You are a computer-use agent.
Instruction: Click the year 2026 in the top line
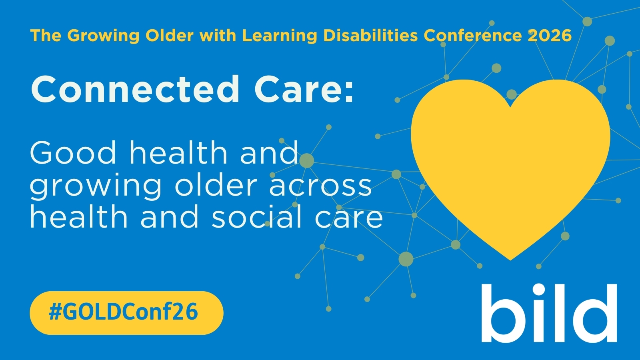click(550, 36)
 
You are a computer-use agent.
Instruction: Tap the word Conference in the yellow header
click(472, 36)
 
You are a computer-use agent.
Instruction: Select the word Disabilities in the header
click(370, 36)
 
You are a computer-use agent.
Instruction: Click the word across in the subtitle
click(320, 186)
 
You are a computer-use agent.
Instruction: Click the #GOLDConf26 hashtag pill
click(126, 313)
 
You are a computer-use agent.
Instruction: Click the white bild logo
click(549, 313)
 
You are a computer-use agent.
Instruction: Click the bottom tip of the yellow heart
click(510, 260)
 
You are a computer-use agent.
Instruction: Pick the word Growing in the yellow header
click(103, 36)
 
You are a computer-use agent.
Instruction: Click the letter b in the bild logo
click(502, 313)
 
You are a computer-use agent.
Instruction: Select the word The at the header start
click(46, 36)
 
